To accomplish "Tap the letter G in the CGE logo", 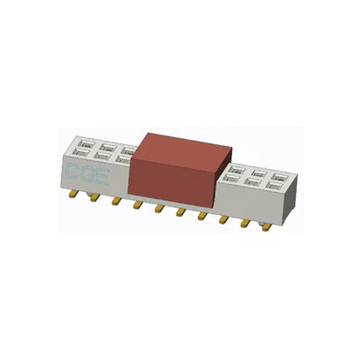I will (x=86, y=174).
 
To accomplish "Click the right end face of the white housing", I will (x=288, y=202).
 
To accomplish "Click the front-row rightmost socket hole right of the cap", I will (x=274, y=185).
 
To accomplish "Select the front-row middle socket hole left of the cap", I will (x=102, y=154).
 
